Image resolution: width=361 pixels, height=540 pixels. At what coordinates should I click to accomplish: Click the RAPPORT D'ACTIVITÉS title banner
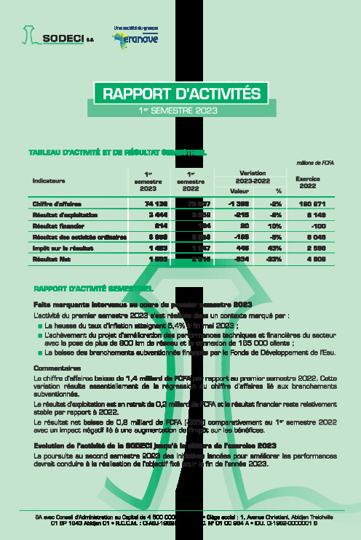[x=180, y=93]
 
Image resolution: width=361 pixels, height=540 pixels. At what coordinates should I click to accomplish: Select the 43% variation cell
[x=276, y=247]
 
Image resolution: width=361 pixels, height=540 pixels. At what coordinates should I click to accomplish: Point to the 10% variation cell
[x=276, y=226]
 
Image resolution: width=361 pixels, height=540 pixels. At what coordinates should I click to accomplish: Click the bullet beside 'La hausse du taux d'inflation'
[x=40, y=326]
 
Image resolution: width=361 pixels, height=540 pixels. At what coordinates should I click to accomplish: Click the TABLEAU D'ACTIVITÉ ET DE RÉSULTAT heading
[x=116, y=153]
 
